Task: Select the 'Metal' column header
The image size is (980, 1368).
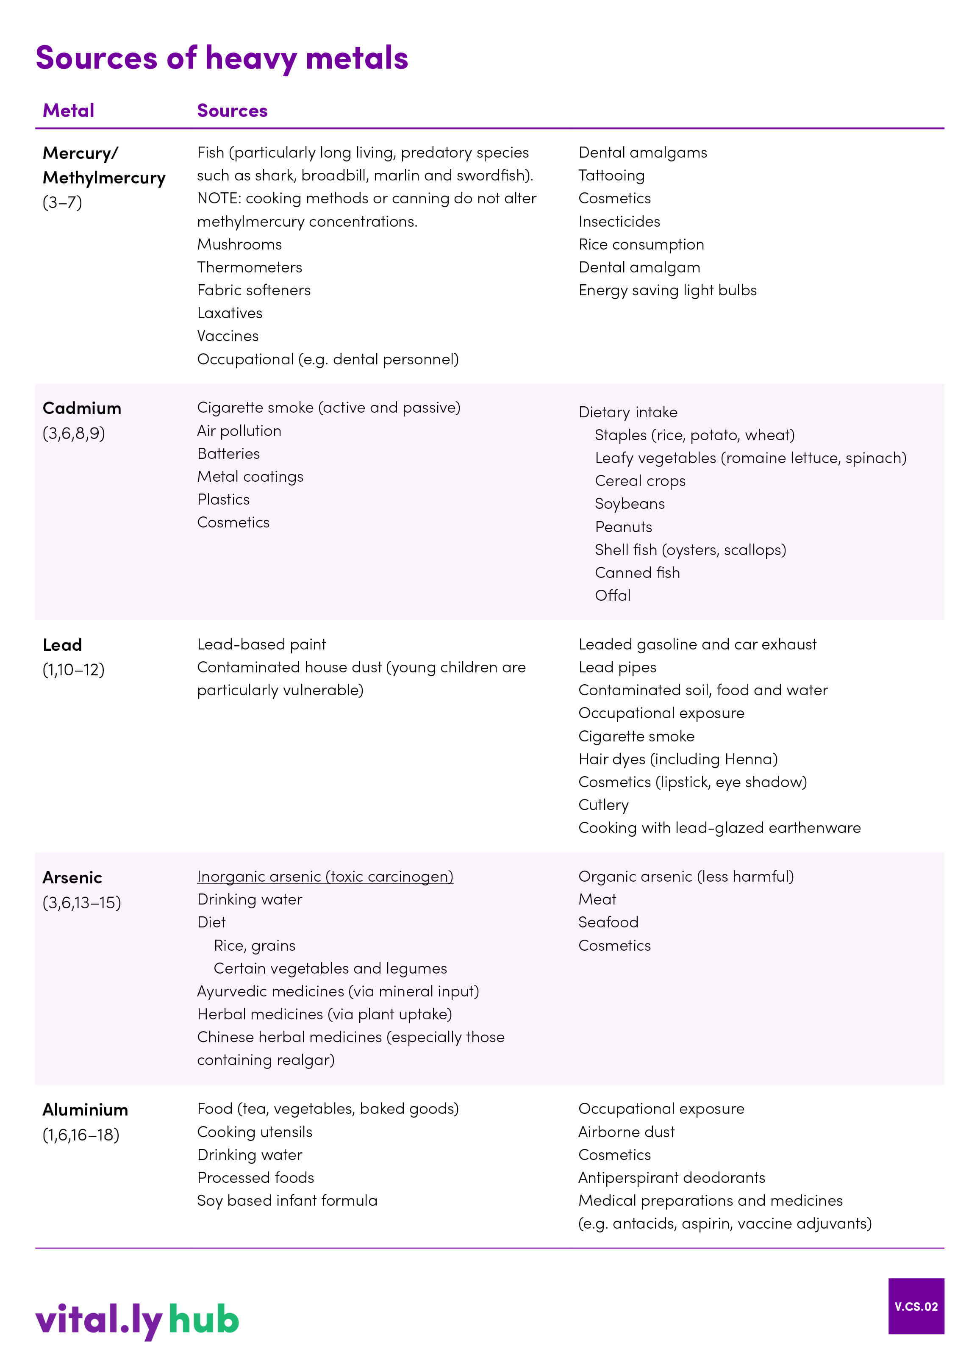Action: (x=68, y=111)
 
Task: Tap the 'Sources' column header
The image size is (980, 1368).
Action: (x=232, y=111)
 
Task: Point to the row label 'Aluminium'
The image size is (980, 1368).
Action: (x=85, y=1110)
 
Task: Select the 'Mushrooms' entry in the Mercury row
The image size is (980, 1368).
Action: (x=239, y=244)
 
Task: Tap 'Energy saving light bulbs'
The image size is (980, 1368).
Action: (x=667, y=290)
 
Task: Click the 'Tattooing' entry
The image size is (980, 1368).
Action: (x=611, y=175)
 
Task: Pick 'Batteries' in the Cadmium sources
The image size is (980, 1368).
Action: (x=228, y=454)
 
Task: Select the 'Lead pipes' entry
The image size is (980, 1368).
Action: (x=617, y=667)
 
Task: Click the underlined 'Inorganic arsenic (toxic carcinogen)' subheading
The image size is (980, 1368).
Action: (x=325, y=877)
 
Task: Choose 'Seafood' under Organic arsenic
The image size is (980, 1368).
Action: (x=608, y=922)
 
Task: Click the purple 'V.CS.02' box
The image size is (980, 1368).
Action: (x=916, y=1307)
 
